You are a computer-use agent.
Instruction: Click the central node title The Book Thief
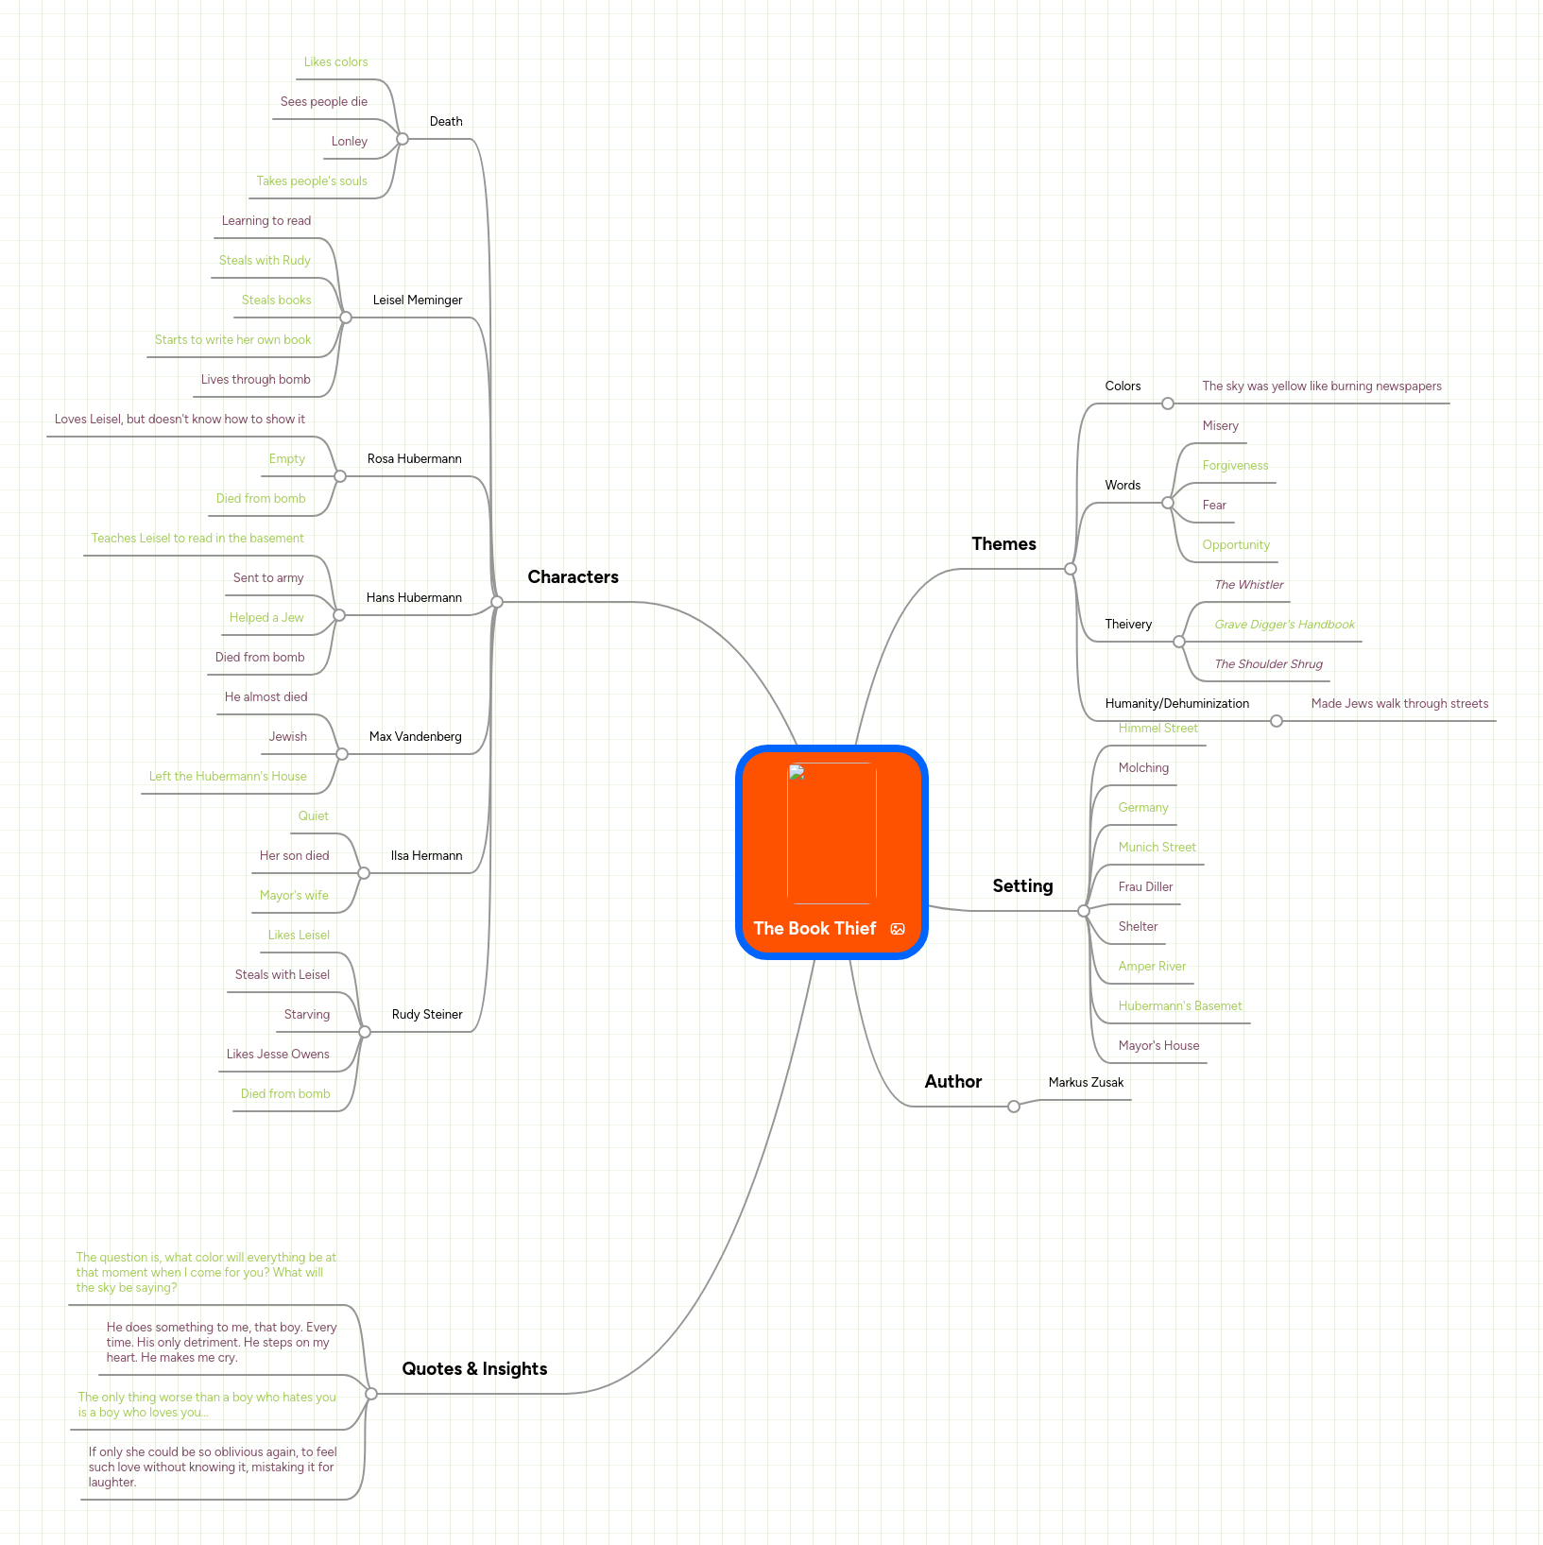point(814,928)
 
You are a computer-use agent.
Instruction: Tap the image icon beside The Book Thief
point(898,929)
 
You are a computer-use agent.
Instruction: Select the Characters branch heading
point(573,576)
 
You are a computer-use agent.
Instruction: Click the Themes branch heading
point(1003,543)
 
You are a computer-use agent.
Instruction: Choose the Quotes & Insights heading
point(474,1368)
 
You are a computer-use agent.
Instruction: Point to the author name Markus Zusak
point(1086,1082)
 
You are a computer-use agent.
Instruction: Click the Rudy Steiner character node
point(427,1014)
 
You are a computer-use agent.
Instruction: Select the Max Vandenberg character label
point(415,736)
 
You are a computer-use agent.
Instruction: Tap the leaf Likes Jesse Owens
point(278,1054)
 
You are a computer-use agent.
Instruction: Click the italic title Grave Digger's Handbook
point(1284,625)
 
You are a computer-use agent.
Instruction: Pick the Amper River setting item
point(1152,966)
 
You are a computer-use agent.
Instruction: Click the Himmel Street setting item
point(1157,729)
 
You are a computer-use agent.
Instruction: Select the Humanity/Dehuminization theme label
point(1176,703)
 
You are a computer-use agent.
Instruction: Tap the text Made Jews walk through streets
point(1399,703)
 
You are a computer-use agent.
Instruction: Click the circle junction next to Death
point(403,139)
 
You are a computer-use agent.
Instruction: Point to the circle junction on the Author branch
point(1014,1107)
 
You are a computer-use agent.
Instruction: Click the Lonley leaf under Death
point(349,141)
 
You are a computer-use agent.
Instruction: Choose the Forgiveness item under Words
point(1235,465)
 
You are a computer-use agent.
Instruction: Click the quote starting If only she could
point(212,1467)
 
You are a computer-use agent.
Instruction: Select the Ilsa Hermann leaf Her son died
point(294,855)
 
